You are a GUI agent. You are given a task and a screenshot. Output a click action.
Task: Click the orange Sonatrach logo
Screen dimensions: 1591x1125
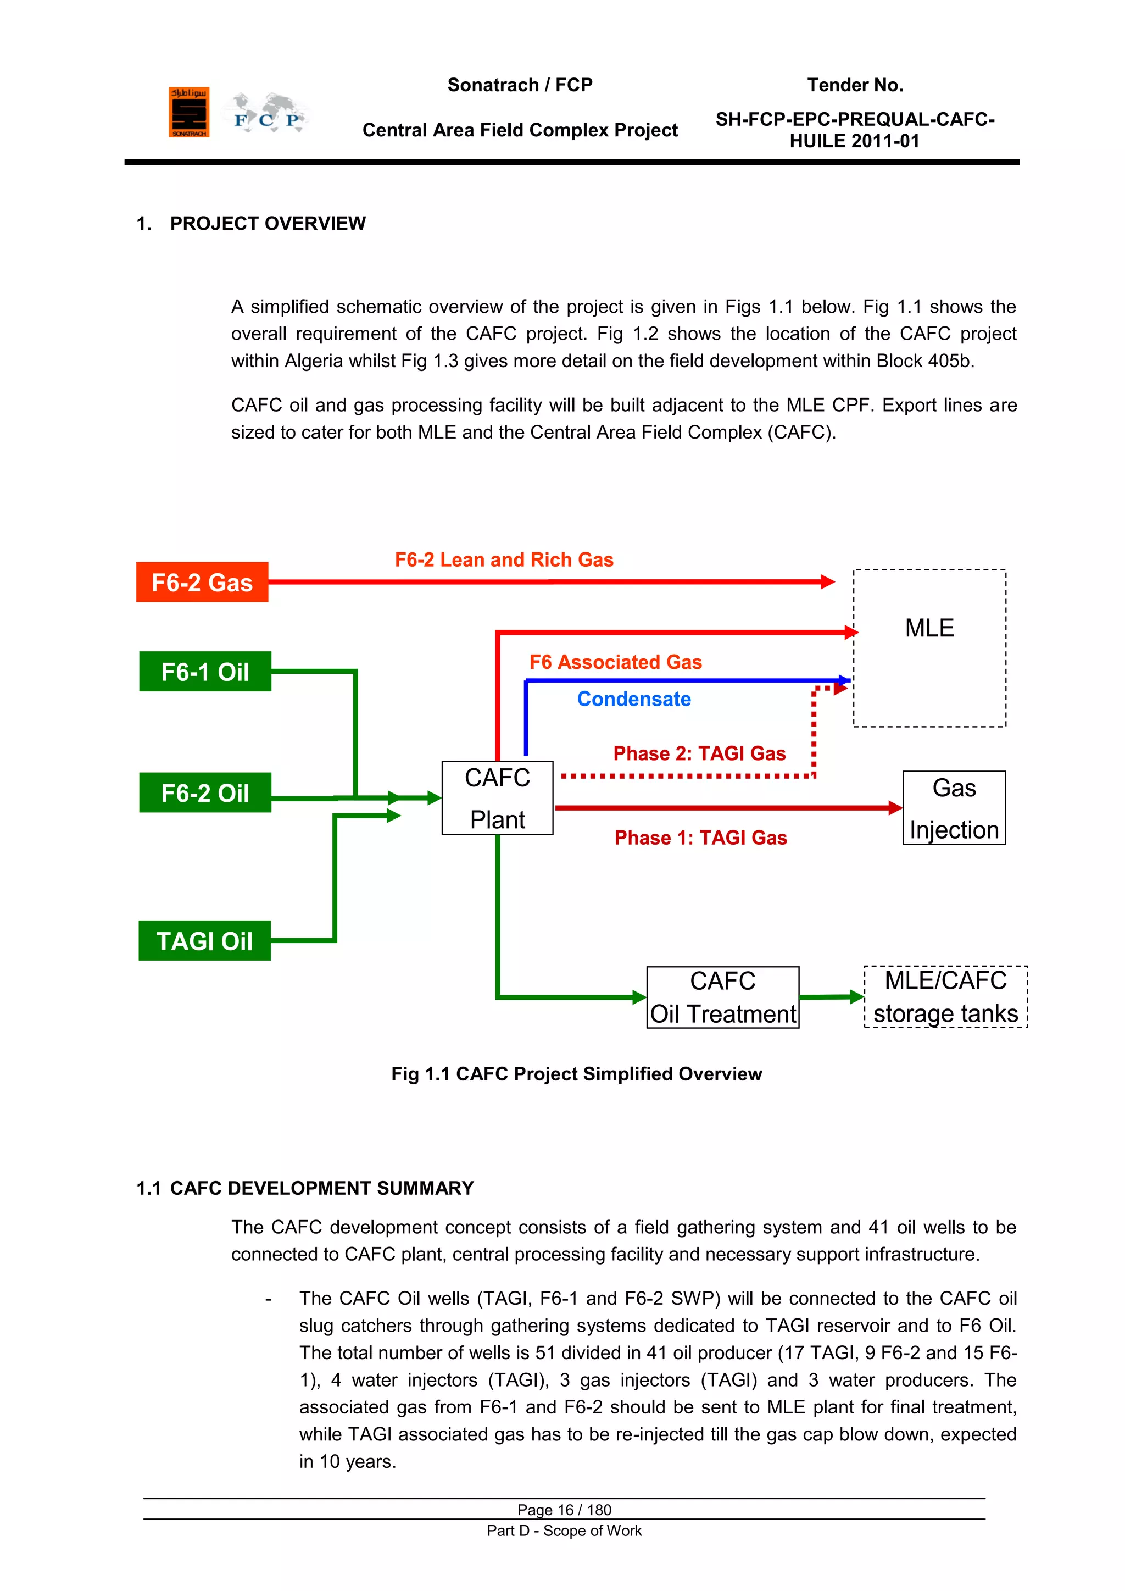(x=188, y=112)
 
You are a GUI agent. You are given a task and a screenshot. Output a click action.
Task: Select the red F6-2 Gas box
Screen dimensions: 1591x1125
(x=202, y=582)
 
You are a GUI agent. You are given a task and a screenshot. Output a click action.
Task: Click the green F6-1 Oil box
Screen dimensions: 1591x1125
(x=205, y=672)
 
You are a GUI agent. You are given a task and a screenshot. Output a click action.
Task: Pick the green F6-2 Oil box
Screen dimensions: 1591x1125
(x=205, y=792)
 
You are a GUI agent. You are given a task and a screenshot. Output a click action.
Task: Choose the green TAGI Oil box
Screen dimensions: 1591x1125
(x=204, y=940)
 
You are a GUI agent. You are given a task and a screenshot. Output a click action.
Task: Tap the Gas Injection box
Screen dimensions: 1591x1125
(x=954, y=808)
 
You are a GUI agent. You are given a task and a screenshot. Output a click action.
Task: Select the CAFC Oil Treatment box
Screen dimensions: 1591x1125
(x=722, y=997)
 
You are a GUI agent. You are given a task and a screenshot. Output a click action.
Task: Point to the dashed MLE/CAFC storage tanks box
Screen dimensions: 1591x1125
(x=945, y=996)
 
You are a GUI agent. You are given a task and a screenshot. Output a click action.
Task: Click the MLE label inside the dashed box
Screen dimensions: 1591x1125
(x=929, y=628)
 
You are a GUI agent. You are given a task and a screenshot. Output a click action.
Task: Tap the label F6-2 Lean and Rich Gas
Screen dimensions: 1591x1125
(x=504, y=559)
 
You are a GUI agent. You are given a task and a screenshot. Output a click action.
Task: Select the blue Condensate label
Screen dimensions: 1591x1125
(x=634, y=699)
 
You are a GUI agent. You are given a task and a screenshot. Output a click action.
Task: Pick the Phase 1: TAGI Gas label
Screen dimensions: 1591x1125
(x=700, y=838)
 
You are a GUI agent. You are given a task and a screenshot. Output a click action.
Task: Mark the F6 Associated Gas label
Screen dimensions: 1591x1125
(x=615, y=662)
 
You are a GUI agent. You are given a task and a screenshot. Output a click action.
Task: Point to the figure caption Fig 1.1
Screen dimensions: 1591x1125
(x=576, y=1073)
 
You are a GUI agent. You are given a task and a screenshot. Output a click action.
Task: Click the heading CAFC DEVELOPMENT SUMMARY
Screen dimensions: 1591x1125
(x=321, y=1188)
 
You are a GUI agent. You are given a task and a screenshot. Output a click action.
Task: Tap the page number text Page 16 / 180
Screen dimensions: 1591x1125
(x=564, y=1509)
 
